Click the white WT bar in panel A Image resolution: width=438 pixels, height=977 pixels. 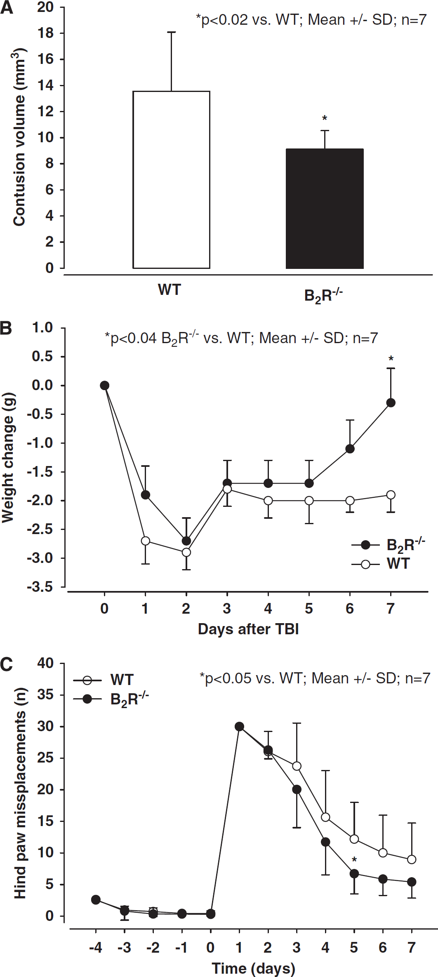tap(171, 180)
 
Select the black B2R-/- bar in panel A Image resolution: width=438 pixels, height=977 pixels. tap(325, 209)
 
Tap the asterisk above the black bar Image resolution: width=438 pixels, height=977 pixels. tap(325, 119)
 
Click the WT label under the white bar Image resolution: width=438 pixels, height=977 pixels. tap(170, 290)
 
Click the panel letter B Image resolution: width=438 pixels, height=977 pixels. tap(6, 328)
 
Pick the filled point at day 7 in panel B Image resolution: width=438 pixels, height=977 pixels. tap(391, 403)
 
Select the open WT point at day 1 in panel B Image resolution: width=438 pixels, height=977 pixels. tap(146, 541)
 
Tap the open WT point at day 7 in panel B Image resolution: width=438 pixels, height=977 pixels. tap(391, 495)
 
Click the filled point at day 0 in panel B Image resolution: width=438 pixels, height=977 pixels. tap(105, 385)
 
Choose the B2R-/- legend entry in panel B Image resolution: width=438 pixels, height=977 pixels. tap(388, 545)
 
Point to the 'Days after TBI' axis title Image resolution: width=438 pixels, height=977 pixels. tap(248, 629)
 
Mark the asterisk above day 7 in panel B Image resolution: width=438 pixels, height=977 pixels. tap(391, 359)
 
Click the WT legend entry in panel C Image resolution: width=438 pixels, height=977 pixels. tap(104, 680)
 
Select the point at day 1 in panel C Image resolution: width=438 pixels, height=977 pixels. tap(239, 726)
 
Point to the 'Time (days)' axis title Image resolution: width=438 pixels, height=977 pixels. tap(254, 968)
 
